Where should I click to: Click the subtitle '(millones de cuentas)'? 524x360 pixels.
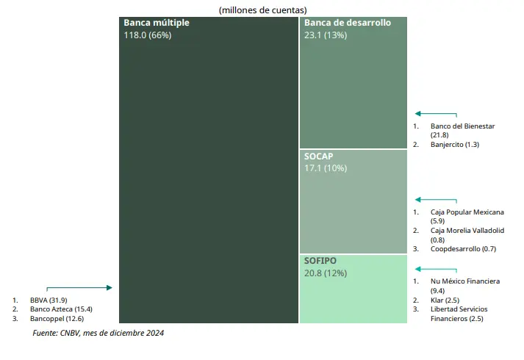click(262, 10)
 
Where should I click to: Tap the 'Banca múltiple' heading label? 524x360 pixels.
click(157, 23)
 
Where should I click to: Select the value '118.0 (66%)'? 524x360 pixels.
click(147, 35)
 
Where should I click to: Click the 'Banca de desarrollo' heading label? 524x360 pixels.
click(348, 23)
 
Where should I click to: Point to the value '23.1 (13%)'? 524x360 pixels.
click(326, 35)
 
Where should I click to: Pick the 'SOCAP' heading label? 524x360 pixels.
click(319, 156)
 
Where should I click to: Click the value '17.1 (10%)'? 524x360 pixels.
click(326, 168)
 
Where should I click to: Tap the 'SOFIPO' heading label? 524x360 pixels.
click(320, 261)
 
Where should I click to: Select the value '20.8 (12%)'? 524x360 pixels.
click(326, 273)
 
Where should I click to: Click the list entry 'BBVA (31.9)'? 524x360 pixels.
click(49, 300)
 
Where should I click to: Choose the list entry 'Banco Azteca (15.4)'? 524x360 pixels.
click(61, 309)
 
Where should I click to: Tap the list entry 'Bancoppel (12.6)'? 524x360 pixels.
click(57, 319)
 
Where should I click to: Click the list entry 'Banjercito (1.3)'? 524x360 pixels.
click(455, 145)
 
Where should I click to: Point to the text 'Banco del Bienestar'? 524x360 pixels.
click(463, 126)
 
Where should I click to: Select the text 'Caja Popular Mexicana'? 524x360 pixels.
click(467, 212)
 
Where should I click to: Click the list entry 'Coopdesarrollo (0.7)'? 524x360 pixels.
click(464, 248)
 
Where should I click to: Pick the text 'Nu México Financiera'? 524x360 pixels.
click(465, 281)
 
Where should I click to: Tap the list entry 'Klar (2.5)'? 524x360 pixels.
click(446, 300)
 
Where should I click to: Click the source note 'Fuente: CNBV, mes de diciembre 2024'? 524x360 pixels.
click(98, 334)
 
